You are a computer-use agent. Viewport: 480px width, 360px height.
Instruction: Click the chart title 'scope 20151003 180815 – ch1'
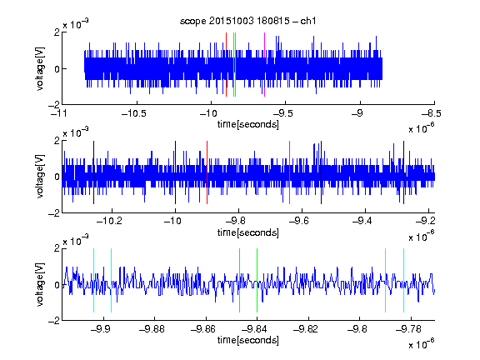coord(247,21)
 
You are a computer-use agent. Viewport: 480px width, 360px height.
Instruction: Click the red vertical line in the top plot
coord(226,64)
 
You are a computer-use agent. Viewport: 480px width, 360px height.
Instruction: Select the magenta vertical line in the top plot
coord(264,64)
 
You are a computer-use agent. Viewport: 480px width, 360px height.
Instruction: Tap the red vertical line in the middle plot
coord(207,172)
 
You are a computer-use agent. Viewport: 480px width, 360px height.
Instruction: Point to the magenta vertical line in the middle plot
coord(290,172)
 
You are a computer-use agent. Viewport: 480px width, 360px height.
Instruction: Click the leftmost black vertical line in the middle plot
coord(93,172)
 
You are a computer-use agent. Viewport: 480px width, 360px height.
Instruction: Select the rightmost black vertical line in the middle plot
coord(404,172)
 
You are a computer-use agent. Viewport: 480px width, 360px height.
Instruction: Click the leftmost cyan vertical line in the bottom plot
coord(93,280)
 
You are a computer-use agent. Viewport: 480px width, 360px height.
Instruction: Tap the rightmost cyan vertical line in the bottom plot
coord(404,280)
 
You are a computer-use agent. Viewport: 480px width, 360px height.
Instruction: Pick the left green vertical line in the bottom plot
coord(240,280)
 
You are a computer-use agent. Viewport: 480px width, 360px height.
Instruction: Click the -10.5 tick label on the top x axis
coord(134,113)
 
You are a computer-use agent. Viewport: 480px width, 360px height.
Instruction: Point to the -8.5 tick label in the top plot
coord(432,113)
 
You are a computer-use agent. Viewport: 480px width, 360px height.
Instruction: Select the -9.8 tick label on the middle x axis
coord(236,221)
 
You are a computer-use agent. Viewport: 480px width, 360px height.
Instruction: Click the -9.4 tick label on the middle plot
coord(362,221)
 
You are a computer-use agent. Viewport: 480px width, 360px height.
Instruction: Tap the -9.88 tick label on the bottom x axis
coord(152,329)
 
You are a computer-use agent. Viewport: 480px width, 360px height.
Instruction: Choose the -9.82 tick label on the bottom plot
coord(306,329)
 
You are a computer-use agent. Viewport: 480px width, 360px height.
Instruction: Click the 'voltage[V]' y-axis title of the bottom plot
coord(40,284)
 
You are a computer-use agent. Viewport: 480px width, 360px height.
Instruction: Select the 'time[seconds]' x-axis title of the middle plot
coord(248,233)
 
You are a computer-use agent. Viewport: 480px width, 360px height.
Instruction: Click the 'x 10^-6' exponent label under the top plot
coord(422,128)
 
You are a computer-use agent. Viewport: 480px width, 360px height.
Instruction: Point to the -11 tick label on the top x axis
coord(58,113)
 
